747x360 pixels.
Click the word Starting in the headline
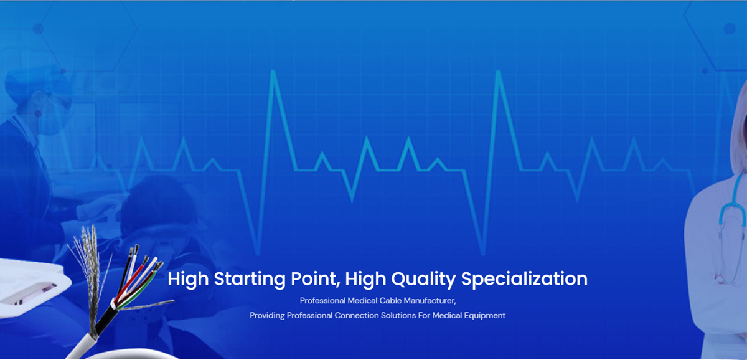click(250, 280)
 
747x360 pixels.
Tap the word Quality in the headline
click(423, 280)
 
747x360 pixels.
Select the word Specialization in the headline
click(524, 280)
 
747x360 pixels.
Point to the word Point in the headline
click(316, 279)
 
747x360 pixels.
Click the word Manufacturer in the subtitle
click(430, 301)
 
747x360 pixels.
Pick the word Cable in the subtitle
click(392, 301)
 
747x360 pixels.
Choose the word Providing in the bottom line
click(267, 316)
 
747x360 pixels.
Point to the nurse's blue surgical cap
click(37, 82)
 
